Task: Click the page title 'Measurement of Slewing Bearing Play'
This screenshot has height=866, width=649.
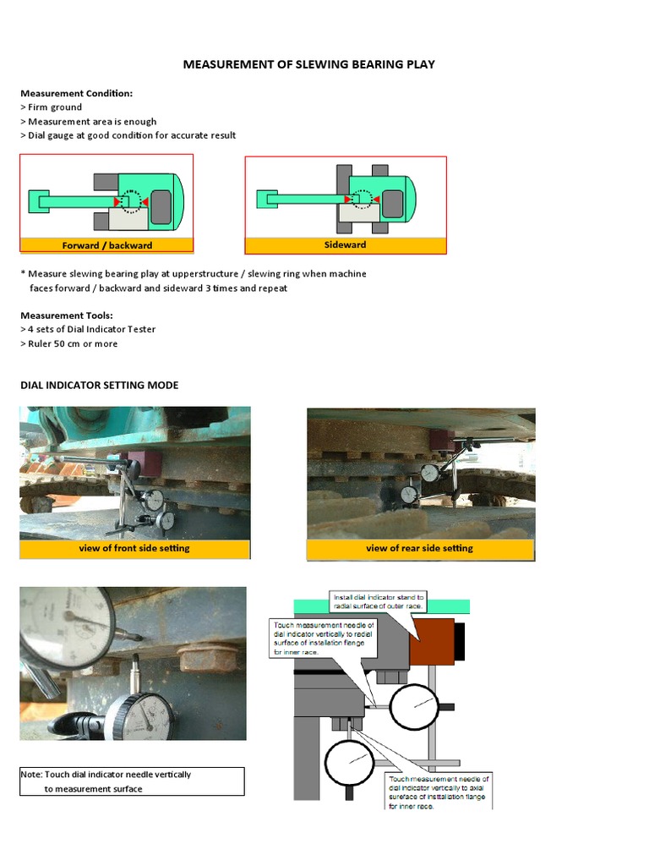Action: click(x=308, y=64)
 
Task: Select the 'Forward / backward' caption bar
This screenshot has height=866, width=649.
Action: click(x=106, y=245)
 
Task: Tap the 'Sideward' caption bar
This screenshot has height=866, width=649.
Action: click(x=345, y=244)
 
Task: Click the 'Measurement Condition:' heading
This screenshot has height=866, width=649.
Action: click(x=76, y=93)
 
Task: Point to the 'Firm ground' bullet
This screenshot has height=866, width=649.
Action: click(x=52, y=107)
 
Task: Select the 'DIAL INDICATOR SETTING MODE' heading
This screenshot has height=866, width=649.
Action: click(x=99, y=385)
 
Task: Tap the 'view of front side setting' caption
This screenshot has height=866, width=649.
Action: click(x=134, y=548)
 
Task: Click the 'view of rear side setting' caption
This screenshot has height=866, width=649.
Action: click(x=419, y=548)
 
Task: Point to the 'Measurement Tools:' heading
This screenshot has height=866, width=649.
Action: click(x=66, y=315)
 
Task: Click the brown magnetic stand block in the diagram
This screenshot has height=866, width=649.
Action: click(x=432, y=640)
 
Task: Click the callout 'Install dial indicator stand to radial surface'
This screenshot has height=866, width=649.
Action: click(x=379, y=601)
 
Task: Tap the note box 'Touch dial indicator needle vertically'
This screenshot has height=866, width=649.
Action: click(x=132, y=781)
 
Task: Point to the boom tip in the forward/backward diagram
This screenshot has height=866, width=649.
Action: click(x=38, y=201)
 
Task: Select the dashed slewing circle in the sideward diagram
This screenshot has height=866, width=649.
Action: click(x=362, y=200)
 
